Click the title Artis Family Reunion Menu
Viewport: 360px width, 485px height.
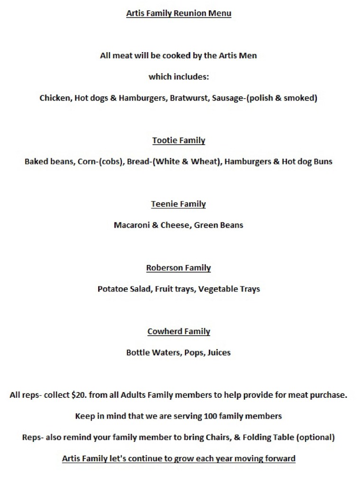[x=178, y=13]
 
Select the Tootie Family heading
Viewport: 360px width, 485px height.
[x=178, y=140]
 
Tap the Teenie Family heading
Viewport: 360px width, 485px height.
[x=178, y=204]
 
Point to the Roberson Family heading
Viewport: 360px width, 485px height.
[x=178, y=268]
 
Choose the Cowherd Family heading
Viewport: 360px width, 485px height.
[x=178, y=331]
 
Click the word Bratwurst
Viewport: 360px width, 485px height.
[x=189, y=98]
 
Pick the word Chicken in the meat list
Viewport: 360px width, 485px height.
[x=54, y=98]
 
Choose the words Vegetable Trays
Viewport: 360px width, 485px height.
[x=229, y=289]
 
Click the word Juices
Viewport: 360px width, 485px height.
[x=219, y=353]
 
